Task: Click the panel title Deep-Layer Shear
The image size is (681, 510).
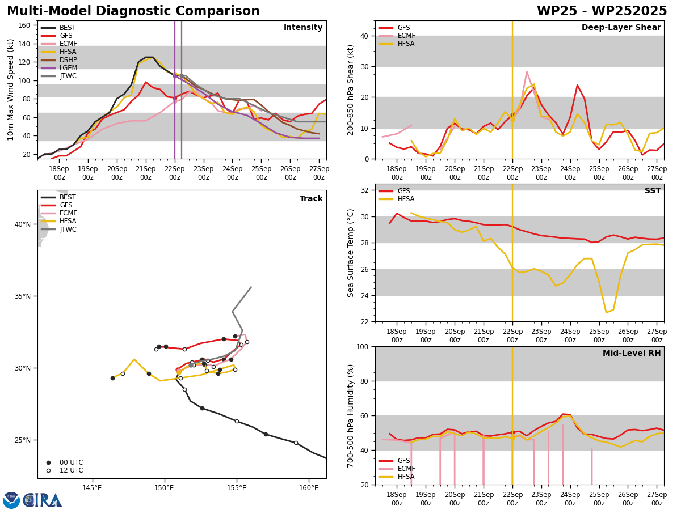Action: pos(621,27)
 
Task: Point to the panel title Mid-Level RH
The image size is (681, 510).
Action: pos(632,353)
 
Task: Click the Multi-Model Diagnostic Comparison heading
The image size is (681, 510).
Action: pos(133,11)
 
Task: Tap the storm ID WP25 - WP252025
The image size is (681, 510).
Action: pos(602,11)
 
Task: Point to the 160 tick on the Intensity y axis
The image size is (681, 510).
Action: pos(24,25)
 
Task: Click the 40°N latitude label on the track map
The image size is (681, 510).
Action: pos(23,224)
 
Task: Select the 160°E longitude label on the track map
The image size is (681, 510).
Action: pos(309,488)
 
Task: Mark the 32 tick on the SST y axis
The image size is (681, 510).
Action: pos(364,190)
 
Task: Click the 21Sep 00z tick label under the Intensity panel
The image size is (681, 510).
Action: pos(145,173)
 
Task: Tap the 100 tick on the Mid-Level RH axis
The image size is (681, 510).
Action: pos(363,346)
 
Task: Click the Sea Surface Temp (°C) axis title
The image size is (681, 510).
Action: pos(350,253)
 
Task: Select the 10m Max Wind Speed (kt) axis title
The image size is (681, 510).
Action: pos(10,90)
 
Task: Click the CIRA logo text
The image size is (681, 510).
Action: pos(43,500)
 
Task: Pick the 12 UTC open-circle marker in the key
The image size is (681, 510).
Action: pos(48,470)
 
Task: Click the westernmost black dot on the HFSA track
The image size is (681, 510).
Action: pos(112,378)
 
